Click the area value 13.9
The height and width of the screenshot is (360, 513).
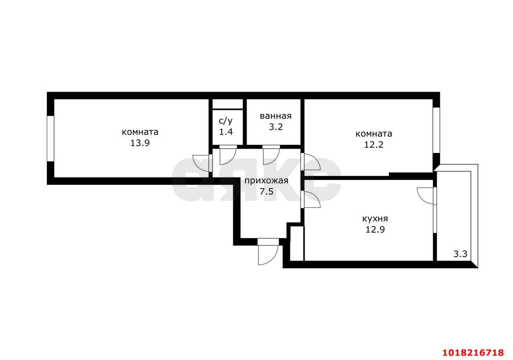coord(140,143)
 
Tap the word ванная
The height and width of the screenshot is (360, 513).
coord(275,116)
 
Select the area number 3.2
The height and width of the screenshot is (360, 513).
coord(276,127)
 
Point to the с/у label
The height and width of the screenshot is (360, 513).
coord(226,121)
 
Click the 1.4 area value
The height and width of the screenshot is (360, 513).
coord(226,132)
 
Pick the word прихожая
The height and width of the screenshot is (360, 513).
coord(267,181)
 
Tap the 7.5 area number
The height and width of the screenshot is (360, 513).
coord(267,191)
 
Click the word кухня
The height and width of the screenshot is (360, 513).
coord(375,219)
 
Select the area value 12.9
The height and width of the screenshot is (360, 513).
coord(375,229)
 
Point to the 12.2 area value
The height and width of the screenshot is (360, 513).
coord(374,145)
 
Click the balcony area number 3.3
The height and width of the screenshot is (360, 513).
coord(460,254)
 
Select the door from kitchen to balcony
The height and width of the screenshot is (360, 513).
coord(426,196)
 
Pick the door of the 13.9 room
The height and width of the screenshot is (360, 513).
coord(202,163)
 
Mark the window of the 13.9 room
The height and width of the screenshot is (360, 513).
coord(50,139)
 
